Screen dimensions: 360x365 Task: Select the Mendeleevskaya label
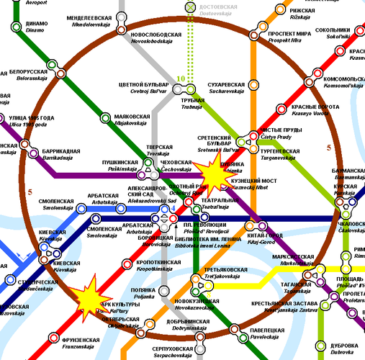[x=89, y=19]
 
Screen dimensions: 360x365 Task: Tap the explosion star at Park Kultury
[x=89, y=296]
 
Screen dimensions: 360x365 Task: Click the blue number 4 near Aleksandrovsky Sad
[x=172, y=209]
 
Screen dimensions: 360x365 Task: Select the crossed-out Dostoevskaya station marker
[x=191, y=7]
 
